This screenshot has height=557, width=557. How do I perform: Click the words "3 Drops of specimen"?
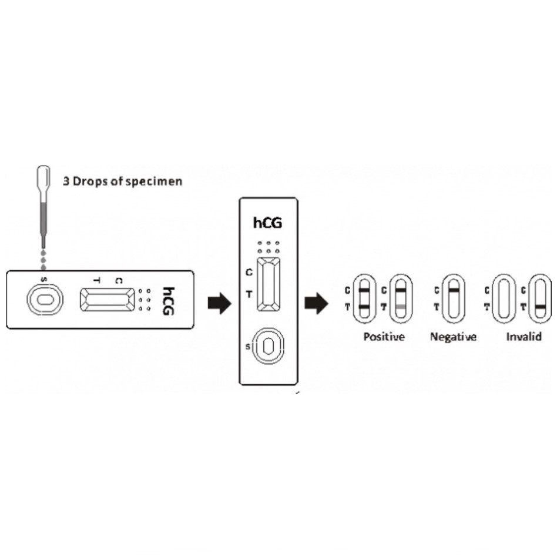point(122,181)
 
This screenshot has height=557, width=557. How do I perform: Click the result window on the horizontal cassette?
point(105,300)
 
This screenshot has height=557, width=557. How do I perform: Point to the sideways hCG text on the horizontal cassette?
point(169,300)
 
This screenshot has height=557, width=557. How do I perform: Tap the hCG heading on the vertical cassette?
point(267,223)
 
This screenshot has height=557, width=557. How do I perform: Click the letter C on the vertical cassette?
point(249,272)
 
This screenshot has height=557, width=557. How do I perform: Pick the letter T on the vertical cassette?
point(249,294)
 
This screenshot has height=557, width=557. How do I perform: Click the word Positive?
point(384,337)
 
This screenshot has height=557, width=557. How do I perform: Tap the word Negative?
point(453,337)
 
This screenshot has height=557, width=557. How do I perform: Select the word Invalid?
point(524,337)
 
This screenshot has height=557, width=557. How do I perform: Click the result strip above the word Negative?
point(453,298)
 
